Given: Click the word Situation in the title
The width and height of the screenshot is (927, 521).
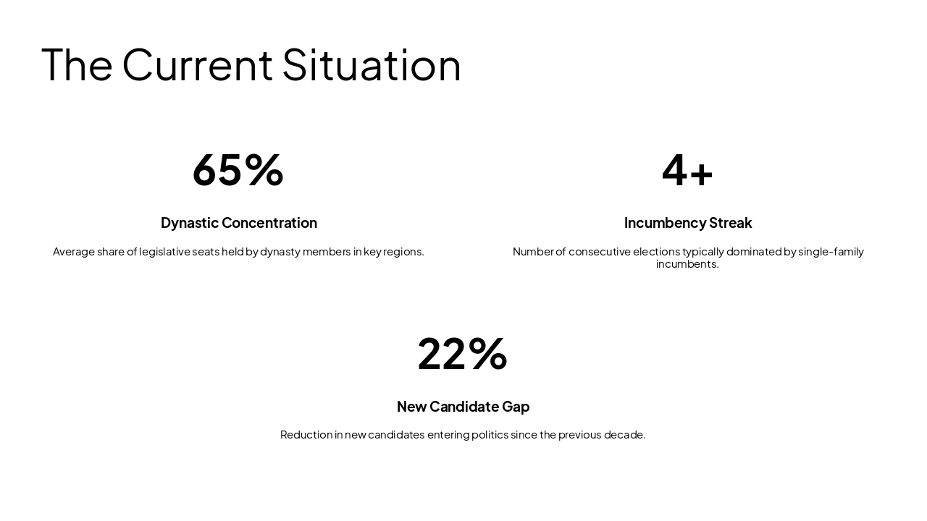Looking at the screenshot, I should pyautogui.click(x=371, y=65).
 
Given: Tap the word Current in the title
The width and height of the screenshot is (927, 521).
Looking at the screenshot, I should pyautogui.click(x=197, y=65).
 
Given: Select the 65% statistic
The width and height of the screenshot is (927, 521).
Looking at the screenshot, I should pyautogui.click(x=238, y=170).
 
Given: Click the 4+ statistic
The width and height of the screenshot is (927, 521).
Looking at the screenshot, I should pyautogui.click(x=687, y=170).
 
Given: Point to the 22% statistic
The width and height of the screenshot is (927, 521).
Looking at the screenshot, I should pyautogui.click(x=463, y=354).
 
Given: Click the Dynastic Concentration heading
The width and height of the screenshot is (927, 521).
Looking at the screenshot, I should pyautogui.click(x=239, y=223).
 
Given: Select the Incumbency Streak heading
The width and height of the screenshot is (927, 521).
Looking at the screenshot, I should pyautogui.click(x=688, y=223).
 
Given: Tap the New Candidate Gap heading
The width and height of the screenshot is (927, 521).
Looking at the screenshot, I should pyautogui.click(x=463, y=407).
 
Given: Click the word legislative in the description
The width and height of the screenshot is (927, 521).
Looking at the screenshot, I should pyautogui.click(x=165, y=252).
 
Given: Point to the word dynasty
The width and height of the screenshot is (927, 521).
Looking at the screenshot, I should pyautogui.click(x=280, y=252).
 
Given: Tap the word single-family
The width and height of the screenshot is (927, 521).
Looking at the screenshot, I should pyautogui.click(x=831, y=252).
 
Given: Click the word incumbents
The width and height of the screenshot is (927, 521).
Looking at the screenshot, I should pyautogui.click(x=687, y=264).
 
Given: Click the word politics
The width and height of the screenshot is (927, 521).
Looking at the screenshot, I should pyautogui.click(x=490, y=435).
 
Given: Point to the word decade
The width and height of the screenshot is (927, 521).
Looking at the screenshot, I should pyautogui.click(x=625, y=435).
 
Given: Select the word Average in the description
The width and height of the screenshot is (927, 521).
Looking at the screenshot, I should pyautogui.click(x=73, y=252).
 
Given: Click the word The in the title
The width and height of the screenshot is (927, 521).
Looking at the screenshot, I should pyautogui.click(x=77, y=65).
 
